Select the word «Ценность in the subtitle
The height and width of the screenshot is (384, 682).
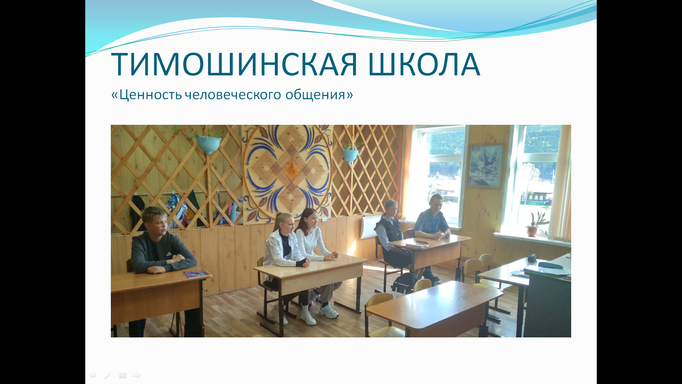coord(147,95)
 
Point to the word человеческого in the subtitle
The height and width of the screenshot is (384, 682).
coord(233,95)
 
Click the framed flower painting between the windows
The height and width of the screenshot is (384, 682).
coord(485,166)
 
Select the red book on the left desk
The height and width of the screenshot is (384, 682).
coord(197,273)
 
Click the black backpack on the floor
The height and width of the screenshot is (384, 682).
coord(405,283)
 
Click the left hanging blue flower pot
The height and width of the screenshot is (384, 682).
coord(208,144)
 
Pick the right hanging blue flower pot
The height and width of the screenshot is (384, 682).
coord(351,155)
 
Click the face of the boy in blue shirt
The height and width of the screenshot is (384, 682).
coord(436,204)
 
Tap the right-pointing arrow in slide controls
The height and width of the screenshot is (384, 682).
coord(137,375)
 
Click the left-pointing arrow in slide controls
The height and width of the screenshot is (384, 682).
coord(93,375)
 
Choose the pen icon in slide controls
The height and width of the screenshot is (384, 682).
coord(108,375)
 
